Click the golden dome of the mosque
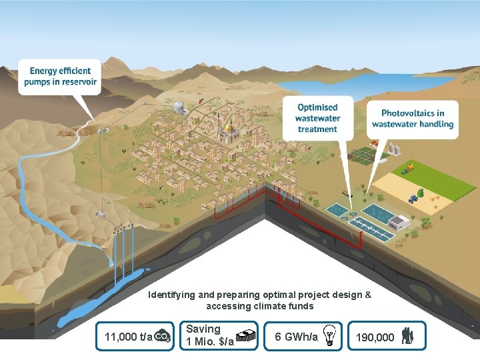point(228,127)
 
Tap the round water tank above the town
point(179,106)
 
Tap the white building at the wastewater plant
point(399,222)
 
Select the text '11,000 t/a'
point(128,337)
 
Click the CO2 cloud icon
point(162,337)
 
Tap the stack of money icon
point(247,337)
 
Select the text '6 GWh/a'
point(296,337)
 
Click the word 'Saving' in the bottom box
point(203,329)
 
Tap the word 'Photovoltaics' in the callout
point(413,113)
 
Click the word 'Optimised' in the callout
point(317,107)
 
